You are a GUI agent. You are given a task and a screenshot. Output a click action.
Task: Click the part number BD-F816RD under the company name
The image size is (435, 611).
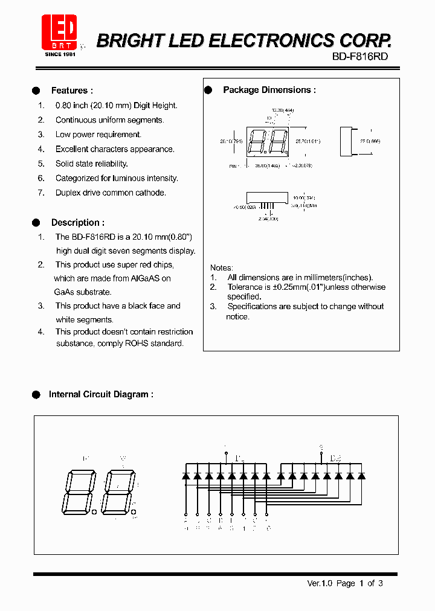coord(359,56)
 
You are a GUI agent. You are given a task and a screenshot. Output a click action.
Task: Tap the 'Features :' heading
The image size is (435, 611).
coord(72,91)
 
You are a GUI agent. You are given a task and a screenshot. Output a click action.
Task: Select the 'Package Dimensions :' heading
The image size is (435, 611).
coord(269,90)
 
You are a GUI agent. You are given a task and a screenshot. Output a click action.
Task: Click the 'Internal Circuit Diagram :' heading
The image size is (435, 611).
coord(101,394)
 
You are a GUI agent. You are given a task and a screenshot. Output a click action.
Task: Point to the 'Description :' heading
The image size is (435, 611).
coord(77,222)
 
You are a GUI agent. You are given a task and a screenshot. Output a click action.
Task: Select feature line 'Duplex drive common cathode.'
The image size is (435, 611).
coord(111,193)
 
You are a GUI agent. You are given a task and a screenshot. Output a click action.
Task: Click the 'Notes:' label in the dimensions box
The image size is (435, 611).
coord(221,267)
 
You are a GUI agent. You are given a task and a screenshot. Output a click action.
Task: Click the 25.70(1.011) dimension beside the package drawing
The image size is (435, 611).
coord(308,141)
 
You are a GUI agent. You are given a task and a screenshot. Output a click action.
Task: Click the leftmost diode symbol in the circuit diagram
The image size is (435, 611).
coord(185,476)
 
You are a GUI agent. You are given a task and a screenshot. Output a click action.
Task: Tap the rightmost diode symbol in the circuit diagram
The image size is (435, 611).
coord(361,476)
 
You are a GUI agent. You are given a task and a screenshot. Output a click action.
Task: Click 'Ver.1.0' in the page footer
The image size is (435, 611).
coord(319,583)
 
